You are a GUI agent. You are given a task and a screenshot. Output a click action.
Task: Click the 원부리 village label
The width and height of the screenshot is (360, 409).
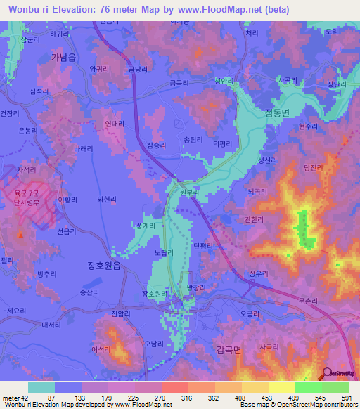click(190, 190)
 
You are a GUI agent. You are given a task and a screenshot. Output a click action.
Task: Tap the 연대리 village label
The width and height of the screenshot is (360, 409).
click(114, 123)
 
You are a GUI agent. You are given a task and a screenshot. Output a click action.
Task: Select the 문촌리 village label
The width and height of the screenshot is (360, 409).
click(309, 301)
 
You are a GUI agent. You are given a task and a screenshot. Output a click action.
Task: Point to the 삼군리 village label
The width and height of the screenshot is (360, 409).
click(30, 40)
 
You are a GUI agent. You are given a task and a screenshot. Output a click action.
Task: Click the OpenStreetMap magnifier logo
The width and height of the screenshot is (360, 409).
click(326, 372)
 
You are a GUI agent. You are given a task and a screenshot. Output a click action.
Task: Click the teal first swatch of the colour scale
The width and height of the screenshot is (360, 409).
click(41, 387)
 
